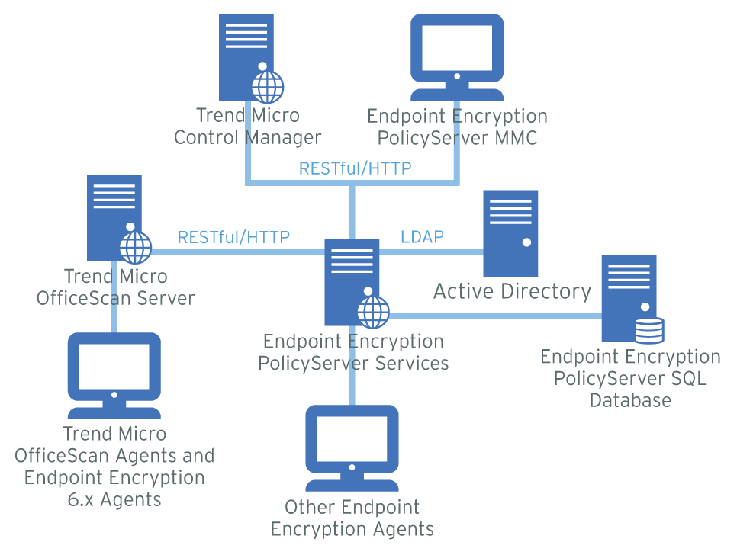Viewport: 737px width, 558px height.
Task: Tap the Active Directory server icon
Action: pyautogui.click(x=510, y=233)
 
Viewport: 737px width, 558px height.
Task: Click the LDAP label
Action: pyautogui.click(x=422, y=236)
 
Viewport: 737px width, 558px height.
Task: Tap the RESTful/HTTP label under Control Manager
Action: pyautogui.click(x=355, y=168)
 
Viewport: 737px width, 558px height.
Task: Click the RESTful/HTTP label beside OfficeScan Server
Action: pyautogui.click(x=233, y=237)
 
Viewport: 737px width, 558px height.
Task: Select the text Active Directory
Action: pyautogui.click(x=512, y=291)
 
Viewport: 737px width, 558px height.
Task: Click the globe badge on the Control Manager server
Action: pyautogui.click(x=267, y=86)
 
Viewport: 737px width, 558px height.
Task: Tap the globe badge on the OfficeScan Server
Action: pyautogui.click(x=136, y=247)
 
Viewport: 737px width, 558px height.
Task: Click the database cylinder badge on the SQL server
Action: pyautogui.click(x=649, y=330)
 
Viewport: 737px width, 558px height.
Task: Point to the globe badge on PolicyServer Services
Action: pyautogui.click(x=373, y=311)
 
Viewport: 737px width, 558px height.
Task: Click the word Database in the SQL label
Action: pyautogui.click(x=630, y=400)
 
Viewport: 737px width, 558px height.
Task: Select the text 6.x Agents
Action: pyautogui.click(x=114, y=500)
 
